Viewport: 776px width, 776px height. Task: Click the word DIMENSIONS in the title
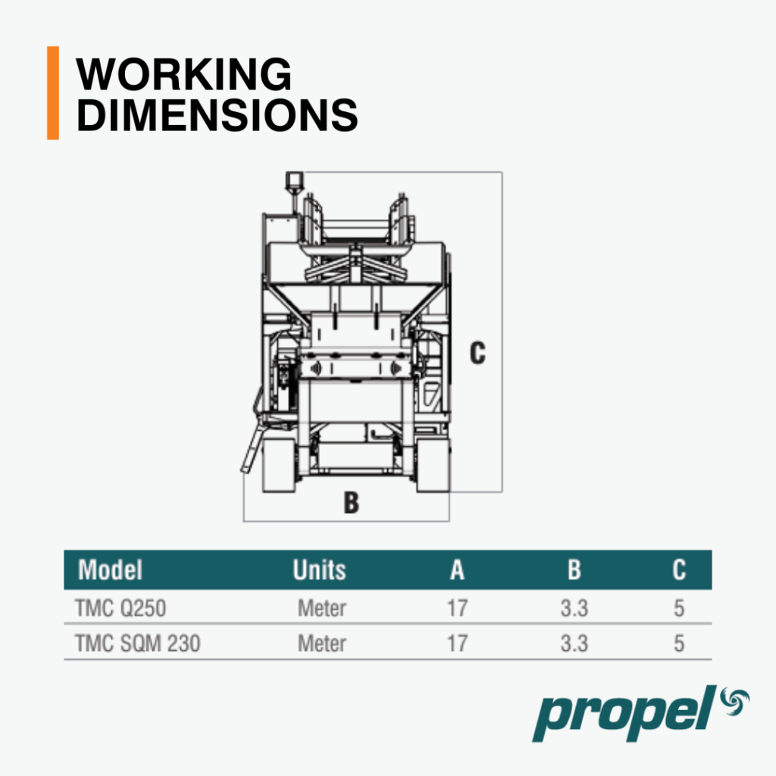[217, 115]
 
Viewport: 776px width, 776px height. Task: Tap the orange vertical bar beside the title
[53, 93]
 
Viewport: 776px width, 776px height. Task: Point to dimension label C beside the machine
[477, 353]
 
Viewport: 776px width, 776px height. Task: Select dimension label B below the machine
[351, 502]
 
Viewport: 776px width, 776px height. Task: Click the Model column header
[111, 570]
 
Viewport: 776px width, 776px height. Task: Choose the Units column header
[319, 570]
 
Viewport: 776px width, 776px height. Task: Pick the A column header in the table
[457, 570]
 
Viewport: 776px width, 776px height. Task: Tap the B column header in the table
[574, 570]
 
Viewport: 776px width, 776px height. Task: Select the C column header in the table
[679, 570]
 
